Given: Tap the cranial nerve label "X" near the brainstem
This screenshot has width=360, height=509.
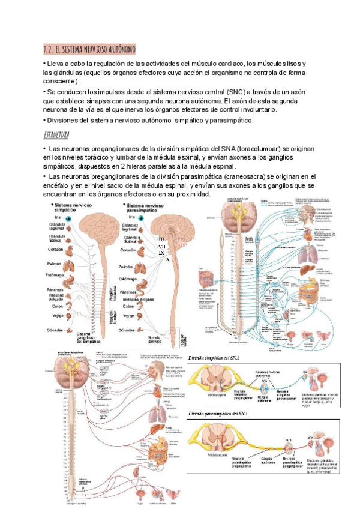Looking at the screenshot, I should point(168,259).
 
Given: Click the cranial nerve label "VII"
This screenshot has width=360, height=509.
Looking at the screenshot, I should point(161,246).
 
